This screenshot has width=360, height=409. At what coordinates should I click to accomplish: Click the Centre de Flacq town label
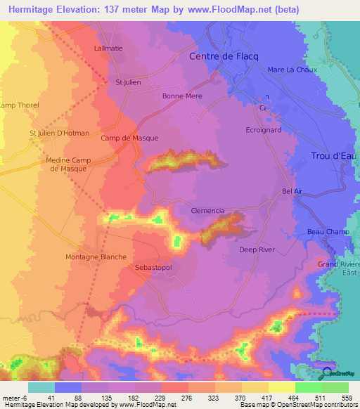point(221,57)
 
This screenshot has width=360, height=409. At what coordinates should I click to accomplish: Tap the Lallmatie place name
point(108,48)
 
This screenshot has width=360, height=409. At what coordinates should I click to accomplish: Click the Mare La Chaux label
point(292,70)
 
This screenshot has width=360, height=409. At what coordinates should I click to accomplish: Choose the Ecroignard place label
point(264,130)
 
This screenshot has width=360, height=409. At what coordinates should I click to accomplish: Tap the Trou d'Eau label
point(335,155)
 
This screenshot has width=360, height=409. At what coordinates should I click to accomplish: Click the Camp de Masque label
point(129,138)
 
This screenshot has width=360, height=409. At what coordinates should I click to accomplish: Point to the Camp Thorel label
point(20,105)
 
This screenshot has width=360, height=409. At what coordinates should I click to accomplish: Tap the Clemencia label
point(207,210)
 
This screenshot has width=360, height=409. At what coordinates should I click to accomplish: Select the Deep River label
point(257,249)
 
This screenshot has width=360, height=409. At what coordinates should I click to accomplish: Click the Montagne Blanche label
point(96,257)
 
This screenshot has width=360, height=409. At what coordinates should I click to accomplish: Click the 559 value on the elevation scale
point(345,398)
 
